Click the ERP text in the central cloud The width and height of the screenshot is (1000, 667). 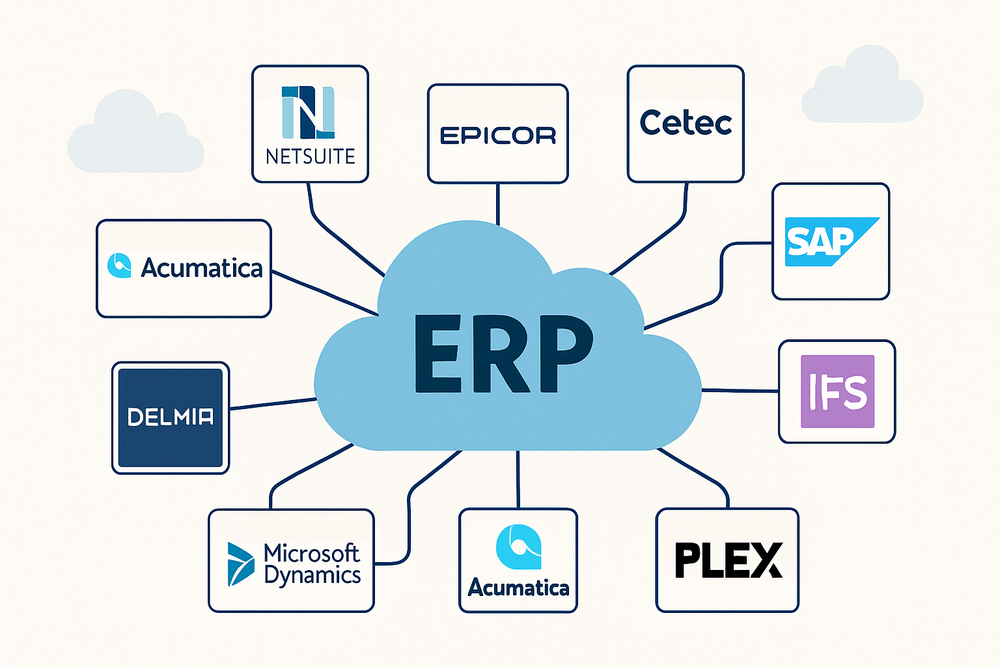503,354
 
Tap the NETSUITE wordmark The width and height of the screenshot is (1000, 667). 311,157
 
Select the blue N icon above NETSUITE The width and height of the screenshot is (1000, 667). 308,112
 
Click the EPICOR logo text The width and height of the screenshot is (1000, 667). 498,135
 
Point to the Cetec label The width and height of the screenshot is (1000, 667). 686,123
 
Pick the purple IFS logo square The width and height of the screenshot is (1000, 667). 837,391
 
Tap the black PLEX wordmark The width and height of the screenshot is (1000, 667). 728,561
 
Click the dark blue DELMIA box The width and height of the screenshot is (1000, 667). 171,418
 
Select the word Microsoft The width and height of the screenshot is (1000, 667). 311,553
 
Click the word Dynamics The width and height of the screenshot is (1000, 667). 312,576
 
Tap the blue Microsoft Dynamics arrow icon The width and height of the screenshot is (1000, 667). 240,564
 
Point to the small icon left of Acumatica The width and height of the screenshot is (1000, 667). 119,266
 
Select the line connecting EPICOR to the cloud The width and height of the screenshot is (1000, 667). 498,204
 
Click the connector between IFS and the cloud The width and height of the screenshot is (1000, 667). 740,391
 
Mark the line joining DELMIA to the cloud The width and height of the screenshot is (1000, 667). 273,404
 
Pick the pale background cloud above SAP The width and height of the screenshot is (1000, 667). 863,88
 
